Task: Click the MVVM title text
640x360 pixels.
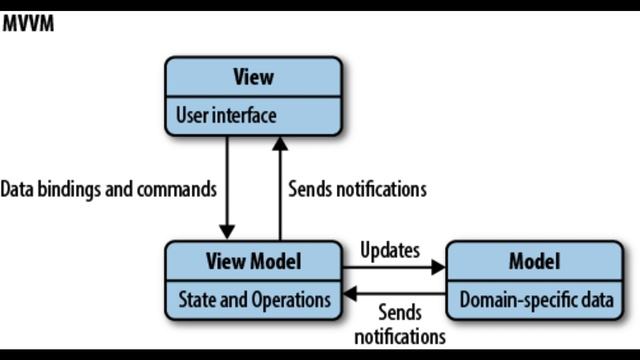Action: tap(27, 23)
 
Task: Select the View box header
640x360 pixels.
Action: tap(253, 77)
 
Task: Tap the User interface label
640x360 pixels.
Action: tap(226, 116)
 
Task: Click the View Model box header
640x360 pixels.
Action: tap(253, 261)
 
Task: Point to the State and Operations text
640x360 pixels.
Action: tap(253, 299)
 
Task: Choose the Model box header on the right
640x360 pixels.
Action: tap(535, 261)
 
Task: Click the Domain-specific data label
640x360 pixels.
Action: tap(535, 299)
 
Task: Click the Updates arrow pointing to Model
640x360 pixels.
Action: tap(394, 268)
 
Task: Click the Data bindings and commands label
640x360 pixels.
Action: tap(108, 188)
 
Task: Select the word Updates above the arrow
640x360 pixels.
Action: tap(389, 250)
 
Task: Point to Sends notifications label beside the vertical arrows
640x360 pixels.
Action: tap(357, 188)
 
